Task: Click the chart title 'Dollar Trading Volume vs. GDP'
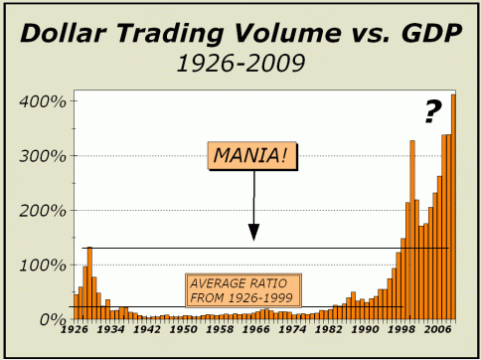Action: tap(241, 33)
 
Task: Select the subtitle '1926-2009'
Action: tap(240, 64)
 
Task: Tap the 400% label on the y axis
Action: tap(43, 101)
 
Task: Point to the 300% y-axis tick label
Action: tap(43, 156)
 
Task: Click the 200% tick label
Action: tap(43, 211)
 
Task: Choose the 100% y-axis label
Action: tap(43, 266)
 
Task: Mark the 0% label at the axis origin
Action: tap(53, 320)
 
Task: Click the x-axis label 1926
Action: tap(75, 329)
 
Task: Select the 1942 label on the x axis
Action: tap(146, 329)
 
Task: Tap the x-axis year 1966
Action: tap(255, 329)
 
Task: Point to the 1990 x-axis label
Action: tap(365, 329)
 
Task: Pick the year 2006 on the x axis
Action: tap(437, 329)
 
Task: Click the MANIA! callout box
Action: tap(252, 156)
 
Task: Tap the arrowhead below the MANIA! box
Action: tap(253, 232)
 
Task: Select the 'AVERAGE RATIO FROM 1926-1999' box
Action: tap(243, 290)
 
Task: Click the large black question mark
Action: tap(433, 112)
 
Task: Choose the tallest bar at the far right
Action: tap(453, 207)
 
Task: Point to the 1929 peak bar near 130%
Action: tap(89, 283)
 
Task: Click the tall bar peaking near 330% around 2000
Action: tap(412, 230)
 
